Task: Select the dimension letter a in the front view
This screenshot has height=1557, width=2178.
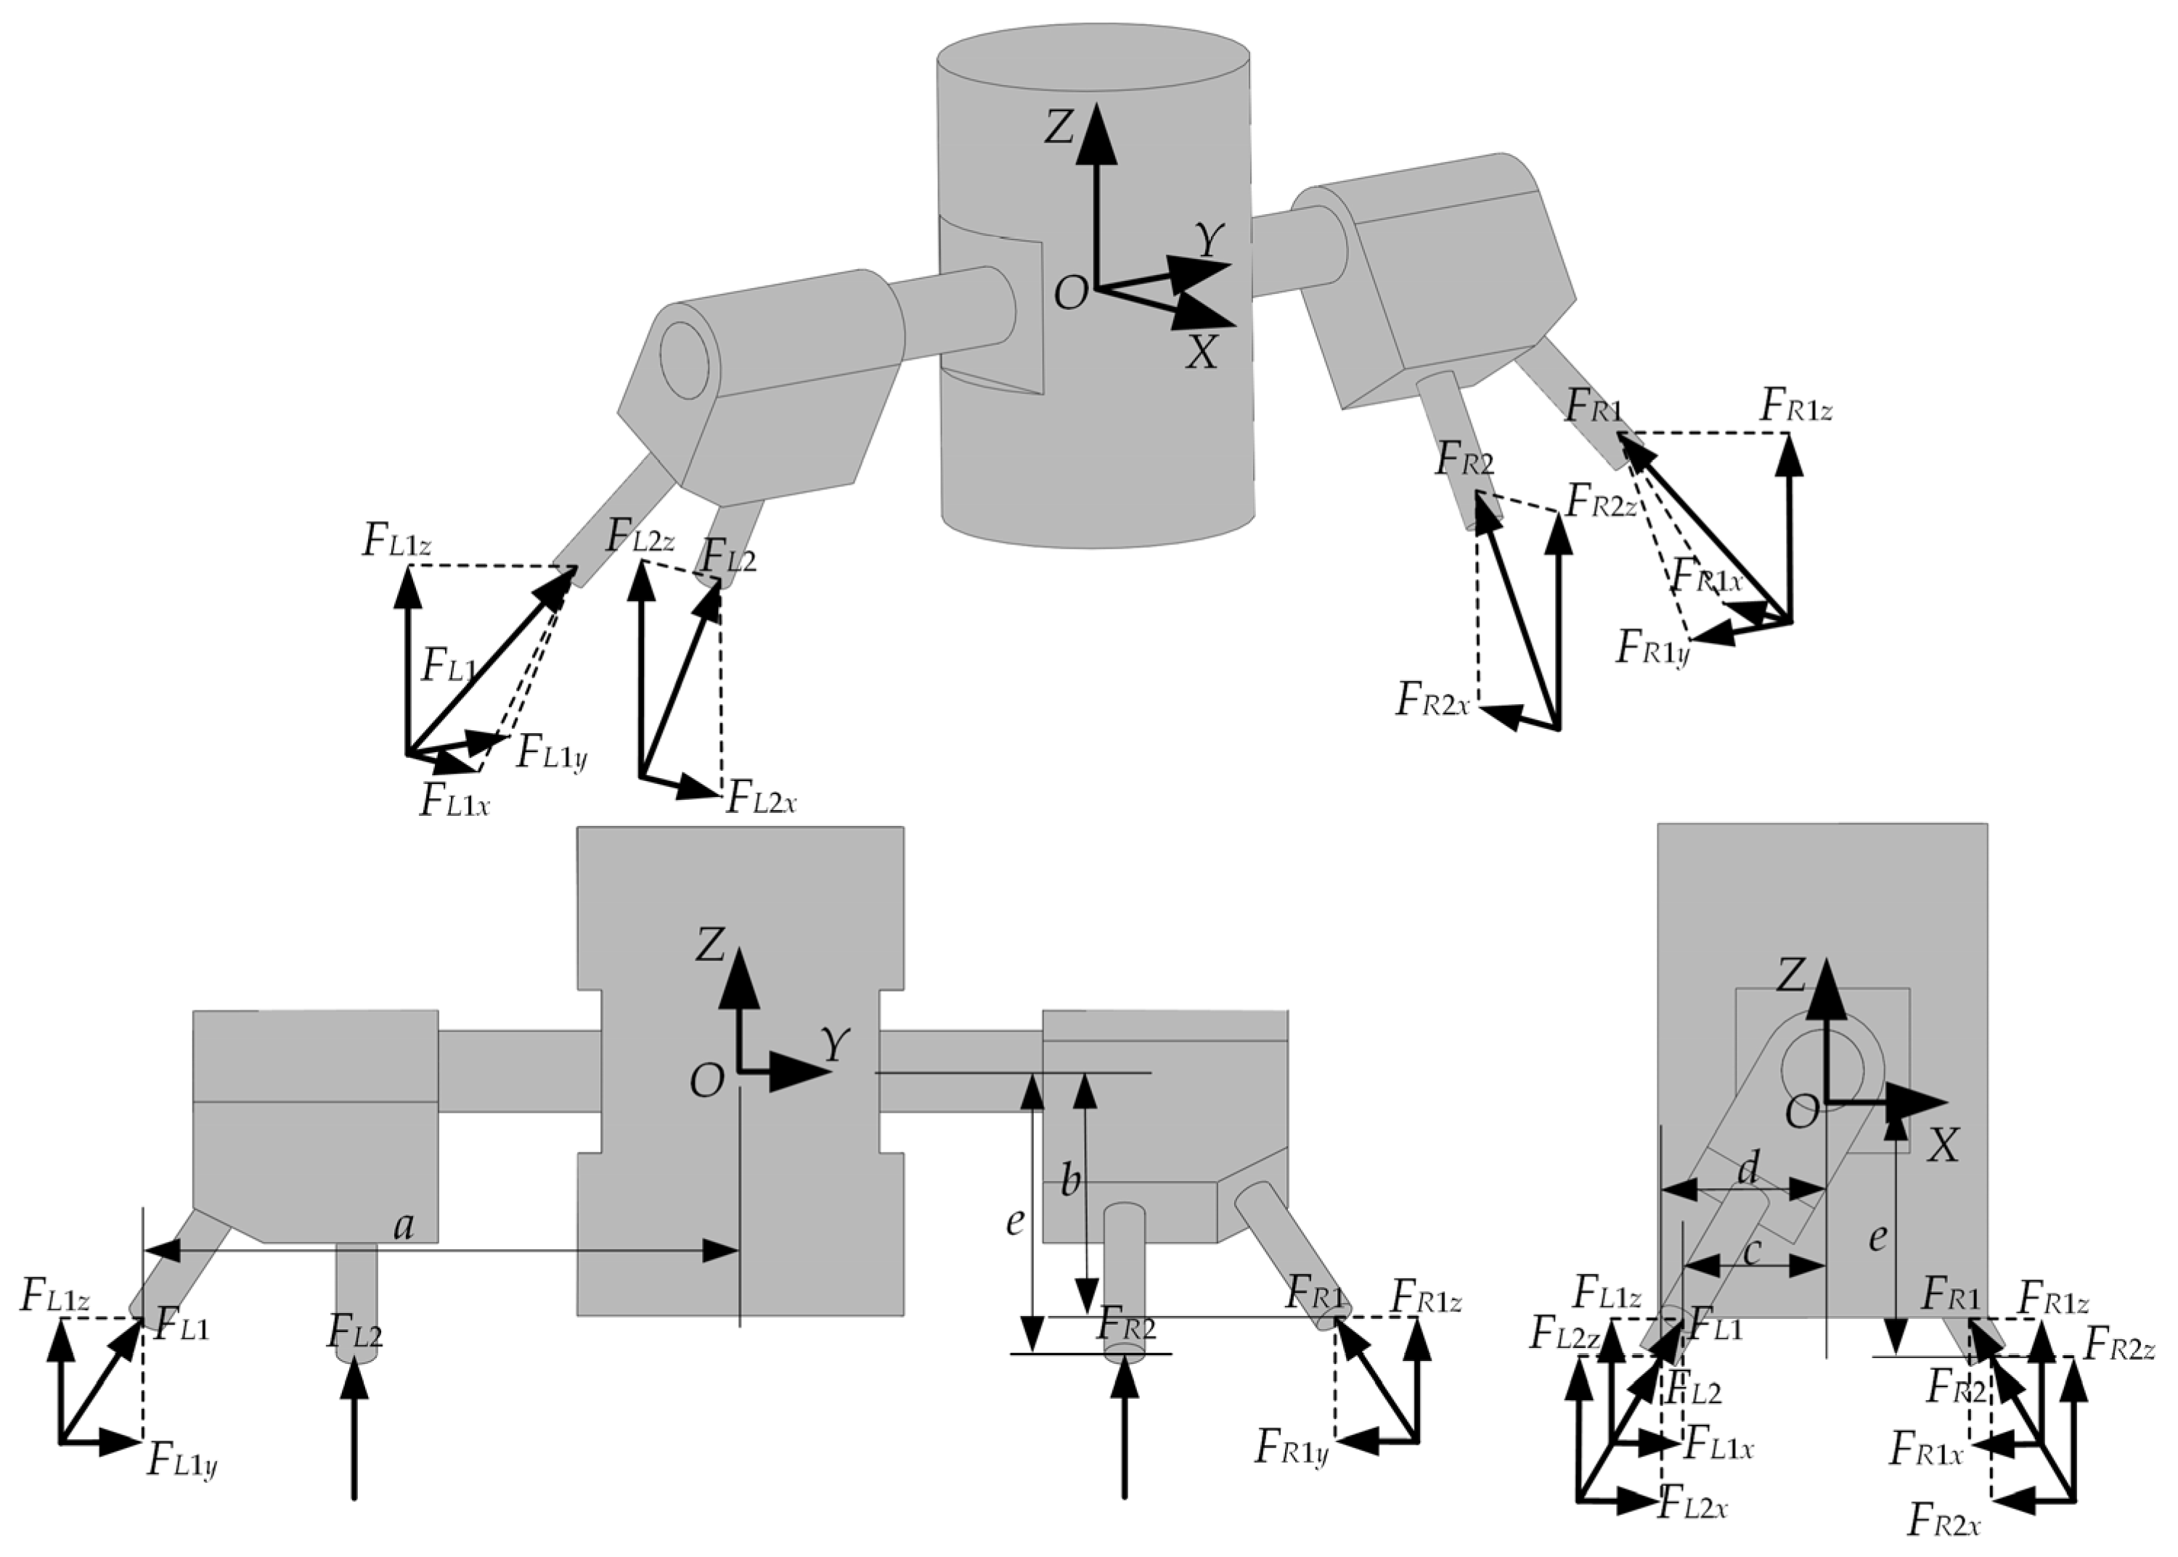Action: (x=404, y=1226)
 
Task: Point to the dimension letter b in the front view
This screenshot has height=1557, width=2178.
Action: (x=1070, y=1181)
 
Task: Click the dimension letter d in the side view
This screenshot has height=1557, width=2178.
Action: (x=1748, y=1168)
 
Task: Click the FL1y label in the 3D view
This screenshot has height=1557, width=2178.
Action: (x=551, y=753)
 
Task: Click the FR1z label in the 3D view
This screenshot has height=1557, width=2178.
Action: (x=1796, y=406)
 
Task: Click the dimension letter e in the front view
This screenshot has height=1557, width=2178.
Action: (x=1014, y=1222)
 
